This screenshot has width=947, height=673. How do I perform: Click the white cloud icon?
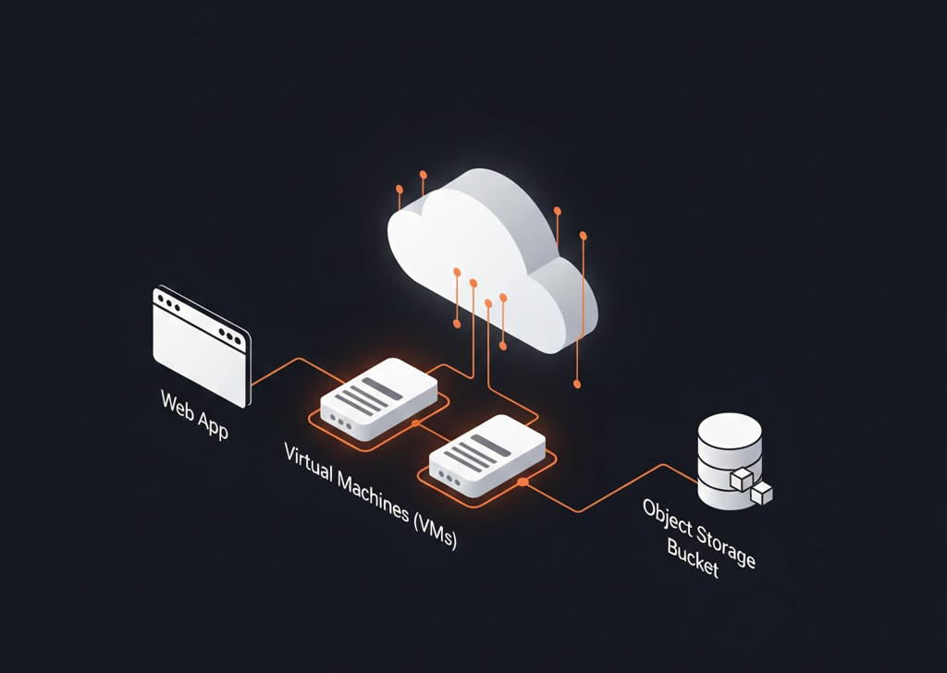pos(492,260)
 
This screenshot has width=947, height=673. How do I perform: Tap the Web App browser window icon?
pos(201,345)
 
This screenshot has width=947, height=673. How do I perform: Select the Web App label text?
pos(194,414)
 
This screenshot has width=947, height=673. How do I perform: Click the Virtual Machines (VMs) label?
pos(370,496)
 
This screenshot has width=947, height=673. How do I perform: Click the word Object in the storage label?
pos(668,518)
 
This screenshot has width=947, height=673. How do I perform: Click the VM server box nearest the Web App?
pos(378,398)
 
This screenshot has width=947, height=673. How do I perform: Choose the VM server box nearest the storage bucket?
pos(487,455)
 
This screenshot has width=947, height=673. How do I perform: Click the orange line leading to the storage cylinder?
pos(610,489)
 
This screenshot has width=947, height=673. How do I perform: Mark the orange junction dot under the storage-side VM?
pos(523,483)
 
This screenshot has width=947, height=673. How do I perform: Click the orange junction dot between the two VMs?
pos(415,423)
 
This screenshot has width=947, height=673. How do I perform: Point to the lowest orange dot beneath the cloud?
pos(577,384)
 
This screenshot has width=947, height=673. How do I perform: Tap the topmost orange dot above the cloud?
pos(424,175)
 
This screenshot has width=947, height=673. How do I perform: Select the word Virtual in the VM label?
pos(308,461)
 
